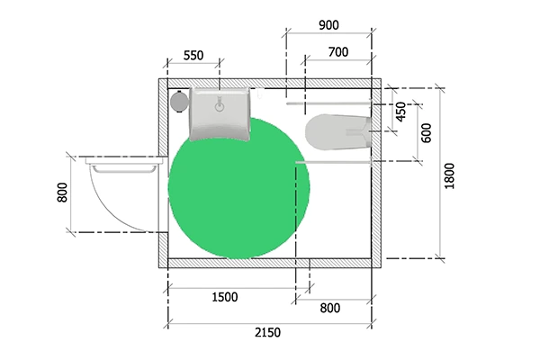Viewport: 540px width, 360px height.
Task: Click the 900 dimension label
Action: tap(328, 25)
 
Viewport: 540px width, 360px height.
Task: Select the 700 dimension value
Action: tap(338, 52)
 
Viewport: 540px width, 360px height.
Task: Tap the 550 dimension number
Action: tap(193, 56)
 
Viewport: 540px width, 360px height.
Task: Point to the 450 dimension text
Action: tap(400, 112)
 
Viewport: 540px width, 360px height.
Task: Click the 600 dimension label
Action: tap(427, 133)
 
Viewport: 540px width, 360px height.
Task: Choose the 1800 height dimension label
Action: tap(449, 176)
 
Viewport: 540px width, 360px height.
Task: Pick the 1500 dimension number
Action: tap(224, 297)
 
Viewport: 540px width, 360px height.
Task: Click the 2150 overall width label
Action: tap(267, 332)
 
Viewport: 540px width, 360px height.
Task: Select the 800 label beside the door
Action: tap(62, 193)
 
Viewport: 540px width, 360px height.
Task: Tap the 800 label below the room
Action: tap(330, 308)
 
